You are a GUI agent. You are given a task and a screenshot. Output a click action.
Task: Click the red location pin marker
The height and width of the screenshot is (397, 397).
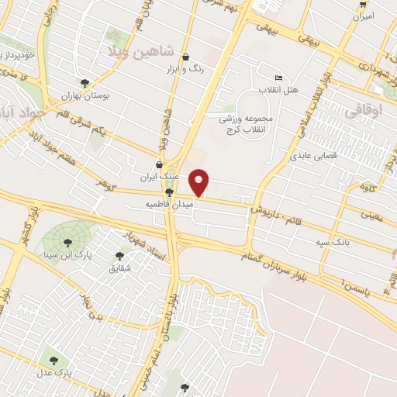(x=199, y=183)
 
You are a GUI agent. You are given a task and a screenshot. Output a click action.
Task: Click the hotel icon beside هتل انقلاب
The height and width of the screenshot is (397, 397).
(x=279, y=78)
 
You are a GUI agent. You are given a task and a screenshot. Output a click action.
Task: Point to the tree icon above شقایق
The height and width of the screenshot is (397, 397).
(x=120, y=256)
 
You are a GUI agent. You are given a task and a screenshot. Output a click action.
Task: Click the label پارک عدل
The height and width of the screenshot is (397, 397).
(x=58, y=372)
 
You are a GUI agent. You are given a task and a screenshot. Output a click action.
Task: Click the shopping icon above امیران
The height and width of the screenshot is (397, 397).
(x=362, y=3)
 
